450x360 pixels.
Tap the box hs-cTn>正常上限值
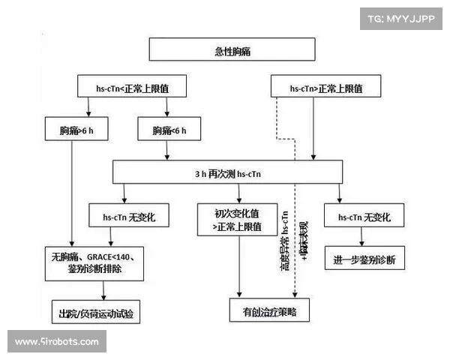pyautogui.click(x=326, y=88)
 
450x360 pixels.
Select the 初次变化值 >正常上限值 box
pyautogui.click(x=239, y=219)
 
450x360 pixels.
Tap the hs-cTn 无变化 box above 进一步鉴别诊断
pyautogui.click(x=364, y=217)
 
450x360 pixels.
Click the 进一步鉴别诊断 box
pyautogui.click(x=364, y=259)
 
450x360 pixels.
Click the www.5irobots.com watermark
pyautogui.click(x=57, y=341)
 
